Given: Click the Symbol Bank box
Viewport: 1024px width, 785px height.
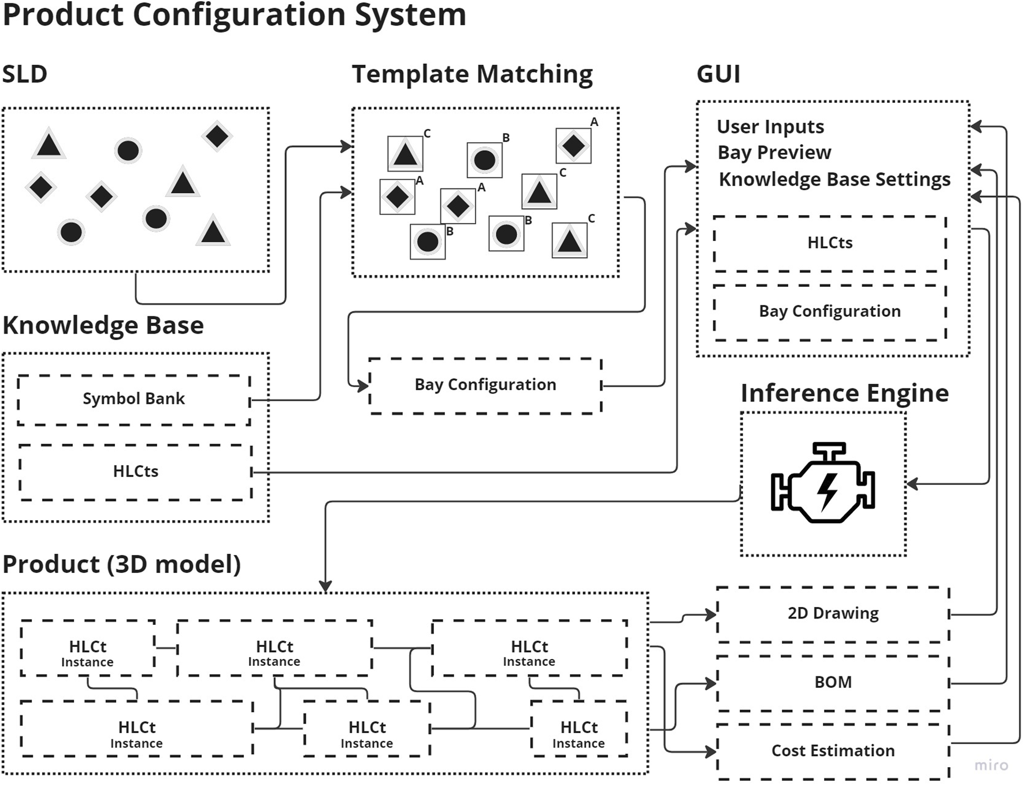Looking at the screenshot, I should (x=133, y=399).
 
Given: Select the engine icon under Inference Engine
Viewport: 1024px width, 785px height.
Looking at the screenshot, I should (x=823, y=483).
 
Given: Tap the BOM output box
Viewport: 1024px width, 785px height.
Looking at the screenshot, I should (x=833, y=683).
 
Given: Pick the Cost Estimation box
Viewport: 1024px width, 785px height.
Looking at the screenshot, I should (x=833, y=751).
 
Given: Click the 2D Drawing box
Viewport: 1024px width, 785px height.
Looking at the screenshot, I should (x=833, y=613).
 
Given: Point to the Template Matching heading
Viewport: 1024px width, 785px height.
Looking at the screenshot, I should (x=472, y=75).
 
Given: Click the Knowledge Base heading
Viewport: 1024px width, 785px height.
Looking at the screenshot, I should (x=103, y=325).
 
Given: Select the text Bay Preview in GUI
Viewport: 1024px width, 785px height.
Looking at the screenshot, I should (x=774, y=153).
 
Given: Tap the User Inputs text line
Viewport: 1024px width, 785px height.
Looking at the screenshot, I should (x=770, y=127).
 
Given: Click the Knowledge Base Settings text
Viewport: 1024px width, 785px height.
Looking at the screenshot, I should (x=834, y=179).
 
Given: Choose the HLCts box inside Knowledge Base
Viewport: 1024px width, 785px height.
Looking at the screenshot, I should (x=135, y=472).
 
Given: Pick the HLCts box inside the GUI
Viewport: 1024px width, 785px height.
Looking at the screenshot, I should (x=830, y=243).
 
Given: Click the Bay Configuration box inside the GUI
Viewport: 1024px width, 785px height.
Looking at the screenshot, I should (x=830, y=312).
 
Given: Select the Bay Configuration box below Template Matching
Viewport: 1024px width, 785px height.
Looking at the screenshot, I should (x=485, y=385).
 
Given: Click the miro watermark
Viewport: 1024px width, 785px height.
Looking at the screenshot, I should (x=991, y=765).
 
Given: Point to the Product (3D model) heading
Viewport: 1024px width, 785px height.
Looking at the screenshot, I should (x=122, y=565).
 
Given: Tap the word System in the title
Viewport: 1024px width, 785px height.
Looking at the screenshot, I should (x=410, y=15).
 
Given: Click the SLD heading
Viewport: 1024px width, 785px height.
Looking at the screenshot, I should (x=25, y=75).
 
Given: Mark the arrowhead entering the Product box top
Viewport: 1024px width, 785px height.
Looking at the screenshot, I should (x=325, y=586).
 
